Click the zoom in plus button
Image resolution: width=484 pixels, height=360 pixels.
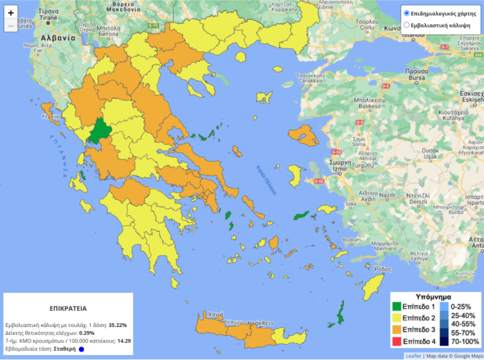[11, 12]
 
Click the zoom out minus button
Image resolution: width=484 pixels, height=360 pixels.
[11, 26]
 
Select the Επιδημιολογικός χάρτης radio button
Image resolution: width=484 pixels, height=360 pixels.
[406, 13]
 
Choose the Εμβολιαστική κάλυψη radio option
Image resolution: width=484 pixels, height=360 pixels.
[406, 25]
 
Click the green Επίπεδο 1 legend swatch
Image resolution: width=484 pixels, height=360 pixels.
[397, 307]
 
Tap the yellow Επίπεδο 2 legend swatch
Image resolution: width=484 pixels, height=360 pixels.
[397, 318]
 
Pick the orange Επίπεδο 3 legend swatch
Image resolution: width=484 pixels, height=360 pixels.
[397, 330]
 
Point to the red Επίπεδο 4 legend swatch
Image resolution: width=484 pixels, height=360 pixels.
[397, 341]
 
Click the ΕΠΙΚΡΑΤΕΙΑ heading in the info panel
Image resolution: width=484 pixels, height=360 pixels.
[68, 309]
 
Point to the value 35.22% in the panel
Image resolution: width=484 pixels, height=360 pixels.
[118, 325]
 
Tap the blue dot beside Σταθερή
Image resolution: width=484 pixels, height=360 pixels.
[81, 348]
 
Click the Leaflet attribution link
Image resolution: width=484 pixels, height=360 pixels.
[413, 356]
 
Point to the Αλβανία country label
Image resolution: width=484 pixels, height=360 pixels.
[58, 38]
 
